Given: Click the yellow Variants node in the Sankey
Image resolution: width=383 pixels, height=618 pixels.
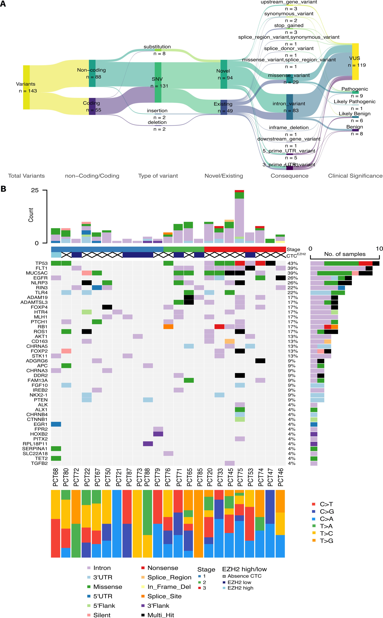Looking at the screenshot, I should coord(26,87).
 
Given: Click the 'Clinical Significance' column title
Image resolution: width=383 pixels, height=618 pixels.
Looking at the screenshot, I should coord(355,176).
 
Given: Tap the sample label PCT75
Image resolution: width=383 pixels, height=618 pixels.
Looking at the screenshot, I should coord(240,477).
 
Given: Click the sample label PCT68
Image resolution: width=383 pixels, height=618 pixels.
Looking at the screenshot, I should coord(56,477).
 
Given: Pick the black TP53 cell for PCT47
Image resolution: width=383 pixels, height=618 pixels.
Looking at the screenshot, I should coord(270,263).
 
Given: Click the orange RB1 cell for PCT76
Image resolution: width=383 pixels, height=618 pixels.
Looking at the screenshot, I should coord(168,327).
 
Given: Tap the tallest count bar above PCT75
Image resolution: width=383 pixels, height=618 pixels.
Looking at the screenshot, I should coord(239,217).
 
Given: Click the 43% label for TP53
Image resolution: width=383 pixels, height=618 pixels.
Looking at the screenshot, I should coord(293,263).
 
